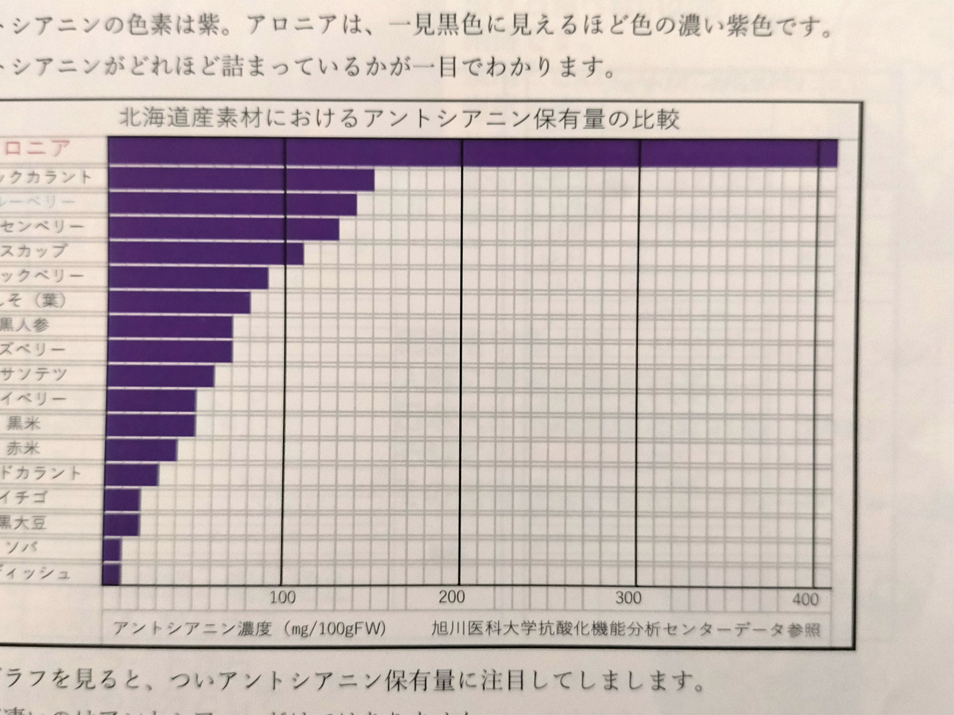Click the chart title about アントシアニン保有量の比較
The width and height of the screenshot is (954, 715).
pyautogui.click(x=399, y=119)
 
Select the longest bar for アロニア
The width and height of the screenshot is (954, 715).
pyautogui.click(x=472, y=152)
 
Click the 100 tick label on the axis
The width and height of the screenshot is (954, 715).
pyautogui.click(x=282, y=598)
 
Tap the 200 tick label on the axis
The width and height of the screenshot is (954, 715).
pyautogui.click(x=452, y=597)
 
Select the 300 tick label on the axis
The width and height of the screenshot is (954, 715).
pyautogui.click(x=628, y=598)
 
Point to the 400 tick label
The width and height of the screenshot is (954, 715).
pyautogui.click(x=806, y=600)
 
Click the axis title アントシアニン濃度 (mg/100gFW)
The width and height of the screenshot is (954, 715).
pyautogui.click(x=248, y=627)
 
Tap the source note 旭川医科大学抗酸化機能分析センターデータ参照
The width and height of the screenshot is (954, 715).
pyautogui.click(x=625, y=628)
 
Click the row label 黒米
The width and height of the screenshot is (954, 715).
pyautogui.click(x=23, y=423)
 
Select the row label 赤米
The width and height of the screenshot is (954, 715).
pyautogui.click(x=23, y=448)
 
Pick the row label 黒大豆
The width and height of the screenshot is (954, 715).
pyautogui.click(x=23, y=523)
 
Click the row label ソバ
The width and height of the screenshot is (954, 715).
pyautogui.click(x=22, y=548)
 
